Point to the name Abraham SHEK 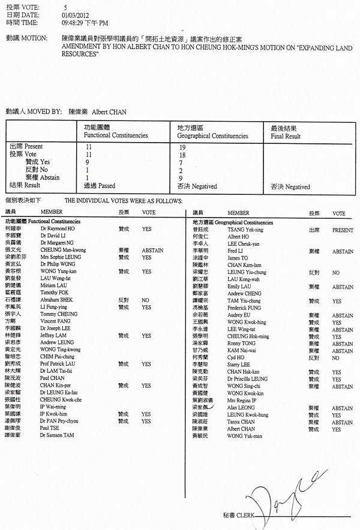coord(57,300)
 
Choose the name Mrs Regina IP coord(242,399)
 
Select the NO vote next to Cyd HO coord(335,358)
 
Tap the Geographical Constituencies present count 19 coord(182,146)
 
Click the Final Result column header coord(286,136)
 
